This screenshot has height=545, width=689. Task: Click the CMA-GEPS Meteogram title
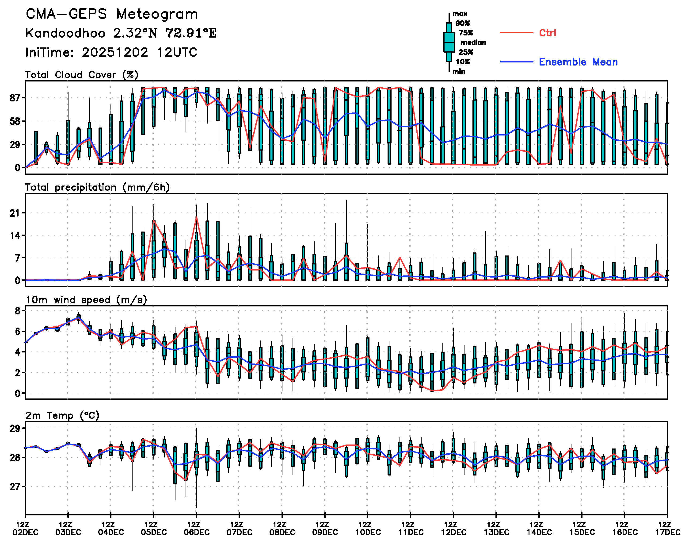pyautogui.click(x=112, y=14)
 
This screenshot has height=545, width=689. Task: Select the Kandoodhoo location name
pyautogui.click(x=65, y=33)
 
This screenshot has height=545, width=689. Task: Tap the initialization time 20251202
pyautogui.click(x=115, y=52)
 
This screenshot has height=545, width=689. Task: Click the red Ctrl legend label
pyautogui.click(x=548, y=33)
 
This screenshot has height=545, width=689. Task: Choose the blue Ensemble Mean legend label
pyautogui.click(x=578, y=62)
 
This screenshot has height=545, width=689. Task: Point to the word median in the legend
pyautogui.click(x=473, y=43)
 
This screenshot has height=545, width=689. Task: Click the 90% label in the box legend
pyautogui.click(x=462, y=23)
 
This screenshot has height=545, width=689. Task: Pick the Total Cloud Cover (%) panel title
pyautogui.click(x=82, y=75)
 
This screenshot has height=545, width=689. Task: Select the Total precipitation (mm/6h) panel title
pyautogui.click(x=97, y=187)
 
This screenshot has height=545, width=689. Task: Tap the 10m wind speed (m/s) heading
pyautogui.click(x=86, y=300)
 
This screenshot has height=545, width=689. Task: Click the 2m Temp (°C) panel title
pyautogui.click(x=62, y=415)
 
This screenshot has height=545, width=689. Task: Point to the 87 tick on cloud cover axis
pyautogui.click(x=15, y=98)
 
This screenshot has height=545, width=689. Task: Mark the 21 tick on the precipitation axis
pyautogui.click(x=15, y=213)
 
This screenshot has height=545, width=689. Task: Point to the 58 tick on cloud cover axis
pyautogui.click(x=15, y=121)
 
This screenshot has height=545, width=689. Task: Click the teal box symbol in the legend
pyautogui.click(x=449, y=42)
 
